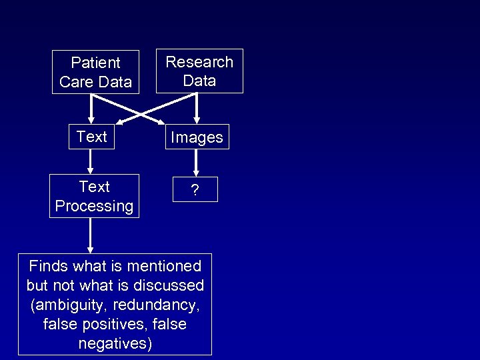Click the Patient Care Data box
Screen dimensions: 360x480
95,72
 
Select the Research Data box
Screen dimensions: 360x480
199,71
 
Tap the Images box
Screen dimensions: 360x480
197,137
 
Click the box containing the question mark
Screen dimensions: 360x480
195,190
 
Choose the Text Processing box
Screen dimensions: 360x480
94,196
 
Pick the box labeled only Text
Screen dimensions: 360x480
91,137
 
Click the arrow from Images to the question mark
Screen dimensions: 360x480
195,162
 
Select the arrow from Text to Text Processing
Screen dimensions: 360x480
91,161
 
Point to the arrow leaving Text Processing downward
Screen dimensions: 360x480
89,235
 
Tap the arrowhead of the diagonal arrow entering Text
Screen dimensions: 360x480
120,121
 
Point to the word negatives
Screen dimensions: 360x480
115,344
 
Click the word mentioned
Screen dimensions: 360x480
165,267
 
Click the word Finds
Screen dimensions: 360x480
49,267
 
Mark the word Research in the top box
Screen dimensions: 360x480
199,62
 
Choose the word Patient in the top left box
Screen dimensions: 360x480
95,63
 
